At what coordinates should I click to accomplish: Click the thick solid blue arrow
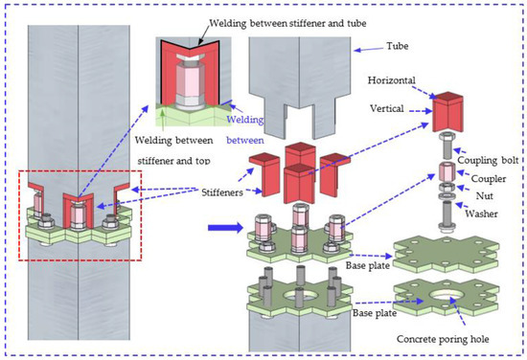coord(218,229)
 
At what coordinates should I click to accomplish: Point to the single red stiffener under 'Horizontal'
coord(447,111)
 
